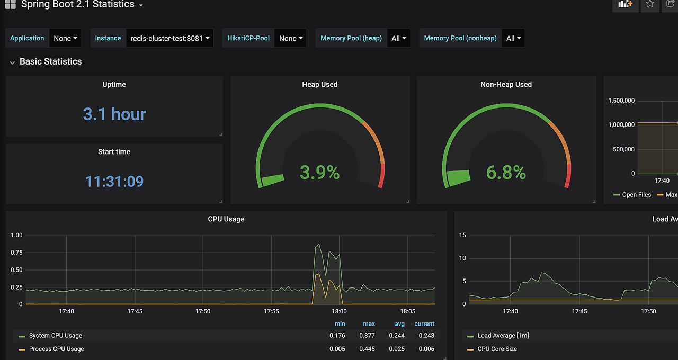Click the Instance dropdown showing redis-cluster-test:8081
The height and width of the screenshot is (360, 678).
point(169,38)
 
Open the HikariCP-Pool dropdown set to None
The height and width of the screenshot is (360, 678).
point(290,38)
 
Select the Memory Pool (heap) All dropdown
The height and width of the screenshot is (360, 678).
point(398,38)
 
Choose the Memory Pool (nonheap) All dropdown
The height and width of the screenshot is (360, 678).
point(513,38)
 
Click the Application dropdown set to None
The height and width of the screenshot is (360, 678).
point(65,38)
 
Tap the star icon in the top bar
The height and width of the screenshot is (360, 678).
point(650,4)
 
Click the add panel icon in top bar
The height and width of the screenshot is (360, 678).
point(626,4)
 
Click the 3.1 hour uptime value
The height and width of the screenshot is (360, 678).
point(114,114)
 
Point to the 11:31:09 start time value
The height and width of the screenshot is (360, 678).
point(114,181)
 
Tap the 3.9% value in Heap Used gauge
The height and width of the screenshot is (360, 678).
point(319,172)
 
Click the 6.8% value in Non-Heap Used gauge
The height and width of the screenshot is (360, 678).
point(506,172)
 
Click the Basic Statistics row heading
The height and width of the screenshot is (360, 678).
point(50,61)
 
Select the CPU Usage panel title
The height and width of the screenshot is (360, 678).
point(226,219)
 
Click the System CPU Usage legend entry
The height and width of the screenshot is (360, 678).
point(56,336)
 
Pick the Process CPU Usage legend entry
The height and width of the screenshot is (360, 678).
point(56,349)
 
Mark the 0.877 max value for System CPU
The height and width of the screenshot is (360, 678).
point(367,336)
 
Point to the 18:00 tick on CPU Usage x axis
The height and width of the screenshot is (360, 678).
point(339,311)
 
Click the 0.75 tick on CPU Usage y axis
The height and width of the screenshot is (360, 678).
point(16,253)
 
